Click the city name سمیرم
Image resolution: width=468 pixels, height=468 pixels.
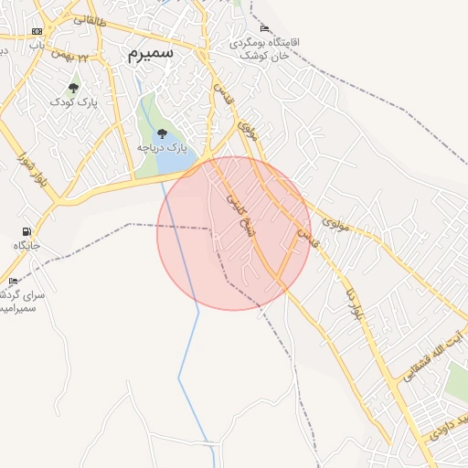(x=150, y=54)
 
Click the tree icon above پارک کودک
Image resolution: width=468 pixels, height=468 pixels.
(x=74, y=88)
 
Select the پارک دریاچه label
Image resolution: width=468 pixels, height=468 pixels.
(x=162, y=146)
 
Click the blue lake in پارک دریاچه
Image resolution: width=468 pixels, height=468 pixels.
(x=171, y=163)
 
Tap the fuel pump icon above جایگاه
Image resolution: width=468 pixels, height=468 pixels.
(x=26, y=231)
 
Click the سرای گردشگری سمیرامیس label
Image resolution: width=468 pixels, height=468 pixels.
(x=18, y=302)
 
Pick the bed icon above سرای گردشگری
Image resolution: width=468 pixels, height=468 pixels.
(x=13, y=281)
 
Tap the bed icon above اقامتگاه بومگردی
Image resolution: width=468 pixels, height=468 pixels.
(x=265, y=27)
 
